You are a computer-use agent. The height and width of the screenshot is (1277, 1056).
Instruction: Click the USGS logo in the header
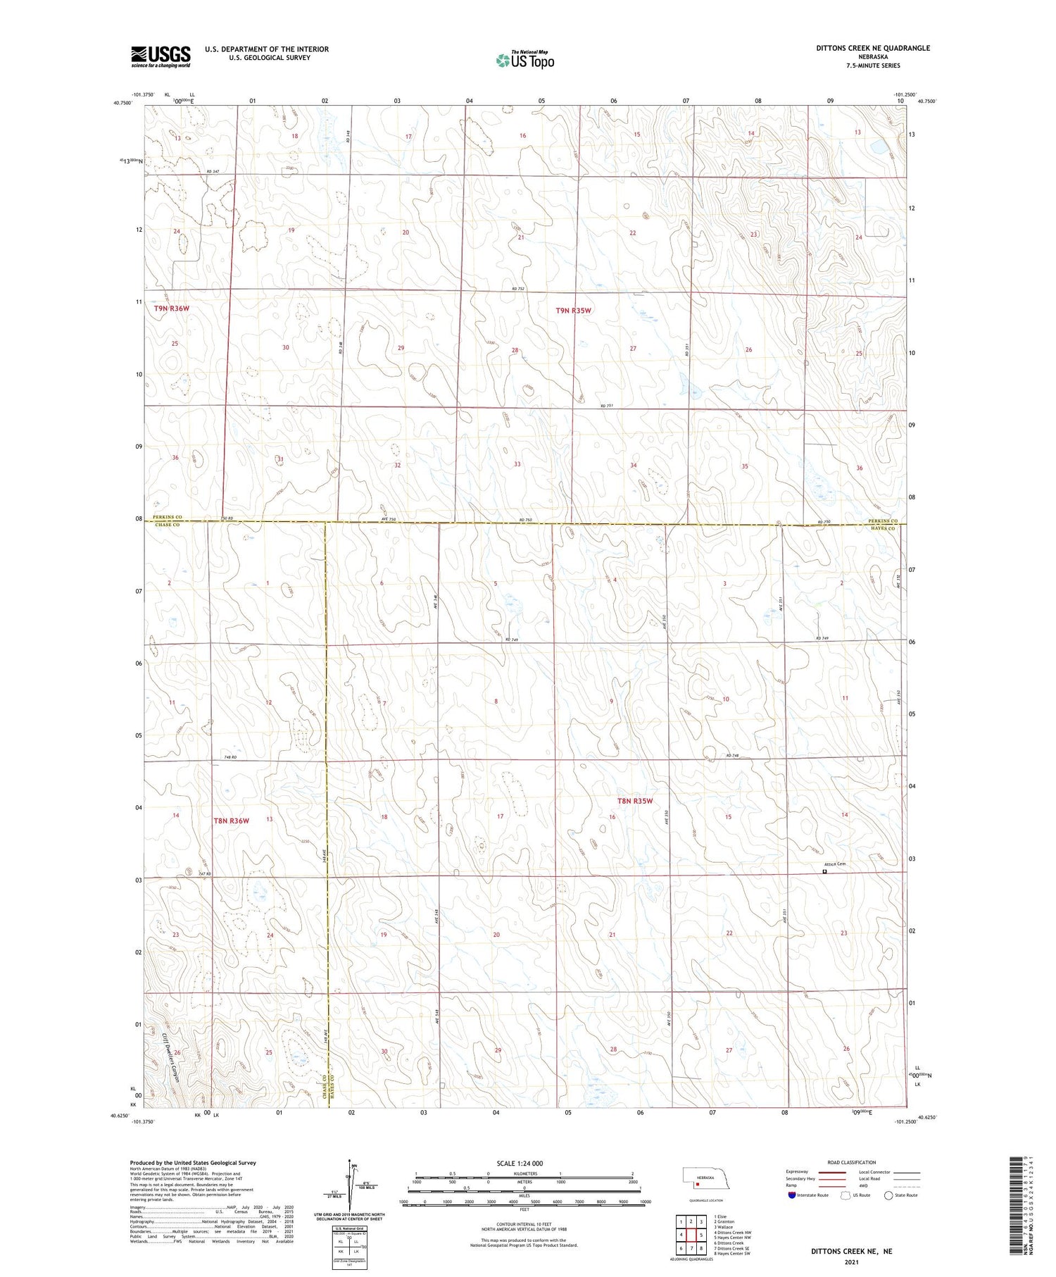pos(161,56)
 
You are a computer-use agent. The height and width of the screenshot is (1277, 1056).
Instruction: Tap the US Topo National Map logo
pos(525,61)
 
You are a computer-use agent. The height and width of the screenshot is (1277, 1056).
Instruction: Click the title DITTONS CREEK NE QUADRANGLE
pos(873,48)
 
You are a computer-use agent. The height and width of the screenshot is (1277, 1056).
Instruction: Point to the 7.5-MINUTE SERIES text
pos(874,66)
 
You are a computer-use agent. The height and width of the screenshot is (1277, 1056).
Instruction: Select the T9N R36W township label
pos(172,308)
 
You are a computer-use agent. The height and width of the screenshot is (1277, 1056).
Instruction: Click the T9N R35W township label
pos(573,310)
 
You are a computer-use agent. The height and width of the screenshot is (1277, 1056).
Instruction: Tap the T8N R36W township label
pos(231,821)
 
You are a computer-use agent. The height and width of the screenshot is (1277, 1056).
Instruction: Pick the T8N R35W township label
pos(635,801)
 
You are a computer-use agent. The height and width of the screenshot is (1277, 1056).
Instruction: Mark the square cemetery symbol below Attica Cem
pos(825,871)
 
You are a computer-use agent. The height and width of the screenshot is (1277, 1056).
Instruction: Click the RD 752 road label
pos(518,289)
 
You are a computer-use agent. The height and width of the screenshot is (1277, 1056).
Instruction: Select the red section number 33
pos(517,464)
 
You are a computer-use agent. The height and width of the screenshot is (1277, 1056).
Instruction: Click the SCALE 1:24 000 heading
pos(524,1163)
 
